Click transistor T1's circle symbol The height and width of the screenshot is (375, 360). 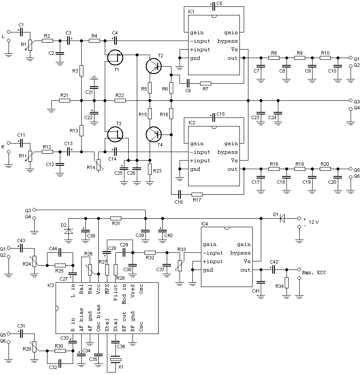click(x=115, y=57)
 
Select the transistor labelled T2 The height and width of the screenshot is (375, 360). click(x=153, y=66)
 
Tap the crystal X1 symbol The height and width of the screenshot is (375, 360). click(x=115, y=360)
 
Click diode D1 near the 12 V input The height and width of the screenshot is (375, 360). click(x=282, y=218)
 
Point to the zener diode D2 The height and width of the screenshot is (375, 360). click(x=69, y=231)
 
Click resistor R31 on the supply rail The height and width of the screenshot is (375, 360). click(x=116, y=218)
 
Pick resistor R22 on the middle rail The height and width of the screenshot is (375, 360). click(x=120, y=101)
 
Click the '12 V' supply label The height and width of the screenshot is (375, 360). click(x=313, y=222)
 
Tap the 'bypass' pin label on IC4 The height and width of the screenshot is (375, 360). click(x=240, y=253)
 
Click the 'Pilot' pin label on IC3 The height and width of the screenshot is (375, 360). click(x=115, y=293)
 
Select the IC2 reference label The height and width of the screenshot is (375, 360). click(x=192, y=123)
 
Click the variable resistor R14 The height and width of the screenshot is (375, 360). click(x=99, y=164)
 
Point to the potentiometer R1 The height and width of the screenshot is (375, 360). click(x=30, y=45)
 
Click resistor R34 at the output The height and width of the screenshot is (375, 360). click(x=286, y=283)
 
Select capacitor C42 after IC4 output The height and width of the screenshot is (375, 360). click(x=273, y=270)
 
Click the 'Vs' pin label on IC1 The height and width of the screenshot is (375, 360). click(x=234, y=50)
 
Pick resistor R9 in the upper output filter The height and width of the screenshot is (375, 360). click(x=299, y=58)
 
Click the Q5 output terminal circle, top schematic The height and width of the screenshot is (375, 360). click(x=351, y=169)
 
